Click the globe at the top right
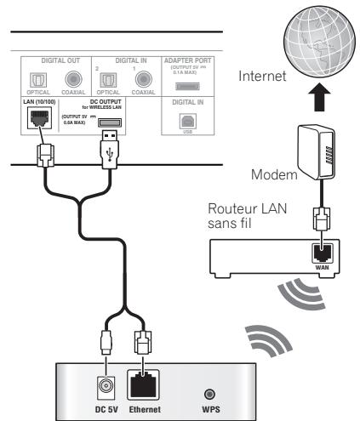(307, 41)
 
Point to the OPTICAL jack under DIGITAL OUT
(39, 83)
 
